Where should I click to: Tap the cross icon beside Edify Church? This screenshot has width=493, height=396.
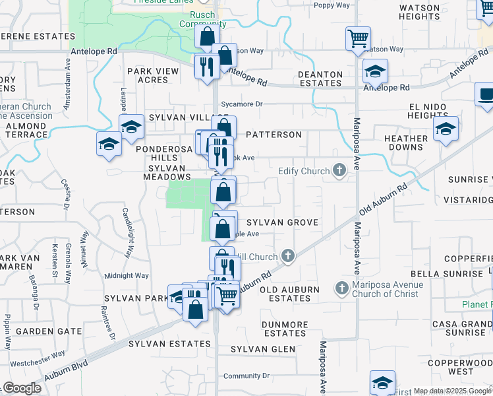pyautogui.click(x=339, y=172)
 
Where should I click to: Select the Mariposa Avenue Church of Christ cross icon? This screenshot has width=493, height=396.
pyautogui.click(x=341, y=288)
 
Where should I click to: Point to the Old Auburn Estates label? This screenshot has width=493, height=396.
pyautogui.click(x=290, y=294)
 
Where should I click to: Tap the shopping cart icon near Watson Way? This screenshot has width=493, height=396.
pyautogui.click(x=358, y=38)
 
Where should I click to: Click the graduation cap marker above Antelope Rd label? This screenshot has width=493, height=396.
pyautogui.click(x=375, y=71)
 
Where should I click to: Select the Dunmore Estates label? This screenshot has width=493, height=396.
pyautogui.click(x=285, y=329)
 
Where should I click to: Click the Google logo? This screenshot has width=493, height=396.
pyautogui.click(x=22, y=388)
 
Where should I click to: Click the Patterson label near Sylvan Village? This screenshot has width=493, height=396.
pyautogui.click(x=274, y=135)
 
